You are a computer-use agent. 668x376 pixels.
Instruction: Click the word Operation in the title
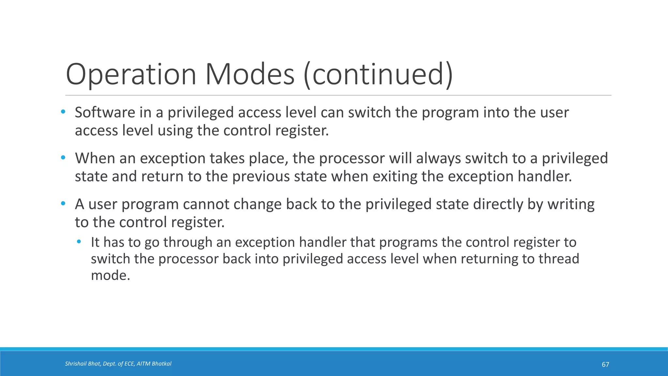(131, 74)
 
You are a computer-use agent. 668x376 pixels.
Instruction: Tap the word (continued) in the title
(378, 74)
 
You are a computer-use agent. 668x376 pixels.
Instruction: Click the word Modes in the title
(250, 74)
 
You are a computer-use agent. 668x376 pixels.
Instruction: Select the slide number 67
(605, 365)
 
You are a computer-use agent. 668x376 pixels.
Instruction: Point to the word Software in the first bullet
(105, 113)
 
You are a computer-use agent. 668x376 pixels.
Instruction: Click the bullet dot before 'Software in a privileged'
(63, 112)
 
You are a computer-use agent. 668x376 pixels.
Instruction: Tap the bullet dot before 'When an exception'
(63, 158)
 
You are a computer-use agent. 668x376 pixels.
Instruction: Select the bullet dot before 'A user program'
(63, 204)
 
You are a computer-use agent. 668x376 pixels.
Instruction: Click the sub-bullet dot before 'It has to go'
(79, 242)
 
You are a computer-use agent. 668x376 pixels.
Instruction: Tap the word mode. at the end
(110, 275)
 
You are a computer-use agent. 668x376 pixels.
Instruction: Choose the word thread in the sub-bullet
(558, 259)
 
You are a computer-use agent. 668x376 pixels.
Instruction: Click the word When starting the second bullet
(95, 158)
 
